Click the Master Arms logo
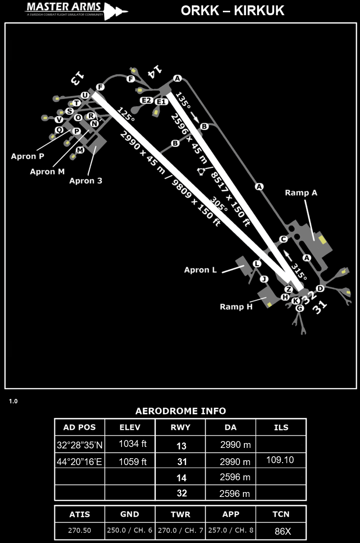tap(76, 10)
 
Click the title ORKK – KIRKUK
tap(233, 11)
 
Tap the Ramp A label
tap(301, 193)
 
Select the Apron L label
tap(200, 270)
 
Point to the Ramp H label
tap(236, 307)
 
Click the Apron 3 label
tap(86, 181)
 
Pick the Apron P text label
tap(27, 156)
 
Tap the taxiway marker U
tap(85, 95)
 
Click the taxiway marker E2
tap(146, 100)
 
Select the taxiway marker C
tap(283, 239)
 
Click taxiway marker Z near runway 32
tap(288, 290)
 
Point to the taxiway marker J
tap(264, 279)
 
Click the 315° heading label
tap(298, 271)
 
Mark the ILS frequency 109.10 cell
tap(281, 461)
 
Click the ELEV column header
tap(130, 427)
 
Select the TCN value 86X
tap(281, 531)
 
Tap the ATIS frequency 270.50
tap(79, 531)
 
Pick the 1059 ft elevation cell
tap(130, 461)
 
